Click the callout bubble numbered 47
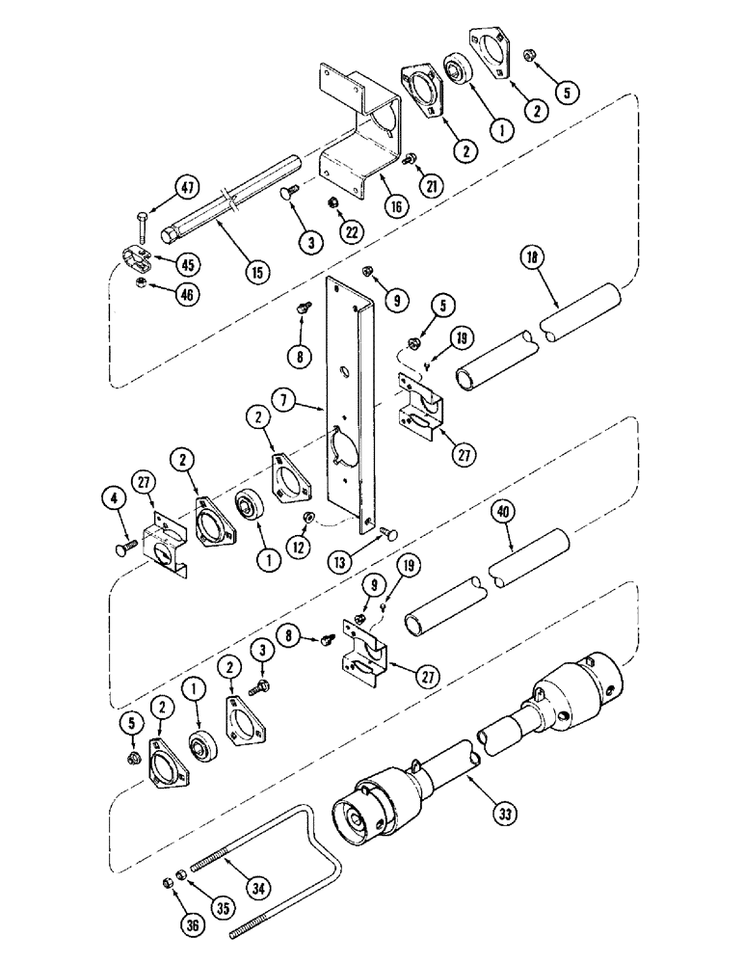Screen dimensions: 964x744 (187, 189)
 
